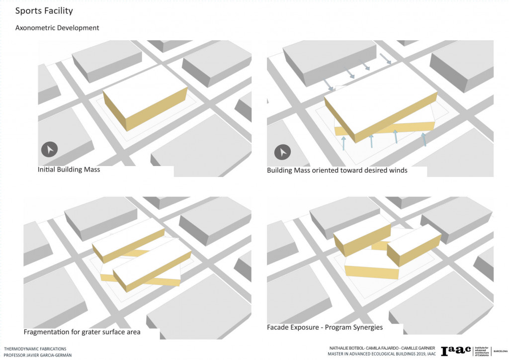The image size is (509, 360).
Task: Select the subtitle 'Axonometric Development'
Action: coord(57,28)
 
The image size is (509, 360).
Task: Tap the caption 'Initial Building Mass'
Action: coord(69,170)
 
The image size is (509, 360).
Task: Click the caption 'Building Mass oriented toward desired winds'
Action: coord(337,171)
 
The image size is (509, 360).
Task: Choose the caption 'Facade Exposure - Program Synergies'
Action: coord(325,327)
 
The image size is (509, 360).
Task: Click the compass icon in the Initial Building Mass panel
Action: coord(50,149)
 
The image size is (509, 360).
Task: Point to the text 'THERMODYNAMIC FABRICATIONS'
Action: coord(35,349)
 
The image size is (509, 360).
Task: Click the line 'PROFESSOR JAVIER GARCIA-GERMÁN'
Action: coord(38,356)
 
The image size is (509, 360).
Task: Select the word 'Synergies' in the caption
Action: coord(367,327)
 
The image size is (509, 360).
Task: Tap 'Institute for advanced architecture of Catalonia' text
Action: coord(480,351)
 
